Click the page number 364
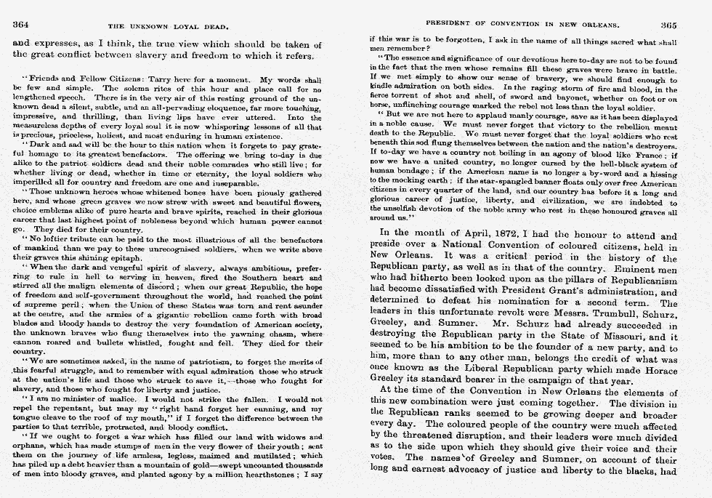pyautogui.click(x=21, y=23)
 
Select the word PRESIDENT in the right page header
pyautogui.click(x=450, y=23)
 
